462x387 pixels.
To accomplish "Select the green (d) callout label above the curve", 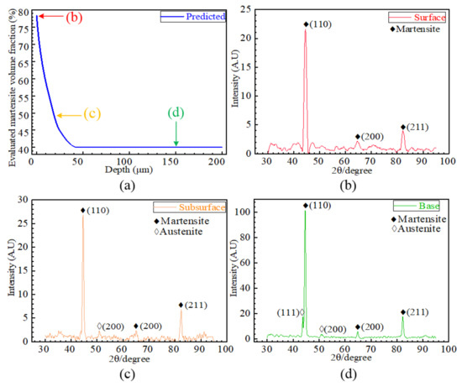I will [176, 112].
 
